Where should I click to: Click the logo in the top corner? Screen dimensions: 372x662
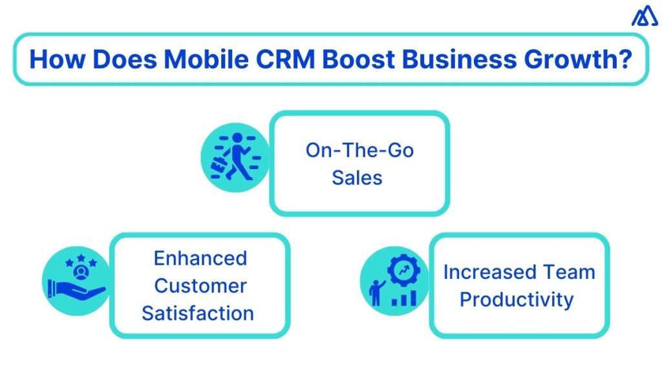[x=644, y=16]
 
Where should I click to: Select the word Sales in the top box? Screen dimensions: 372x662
[x=357, y=177]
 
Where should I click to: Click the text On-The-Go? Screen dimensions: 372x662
[x=359, y=150]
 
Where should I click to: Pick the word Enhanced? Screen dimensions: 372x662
[x=200, y=258]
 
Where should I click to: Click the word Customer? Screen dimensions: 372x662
[x=200, y=285]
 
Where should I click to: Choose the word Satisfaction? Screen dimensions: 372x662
[x=198, y=313]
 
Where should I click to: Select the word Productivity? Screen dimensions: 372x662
[x=517, y=300]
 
